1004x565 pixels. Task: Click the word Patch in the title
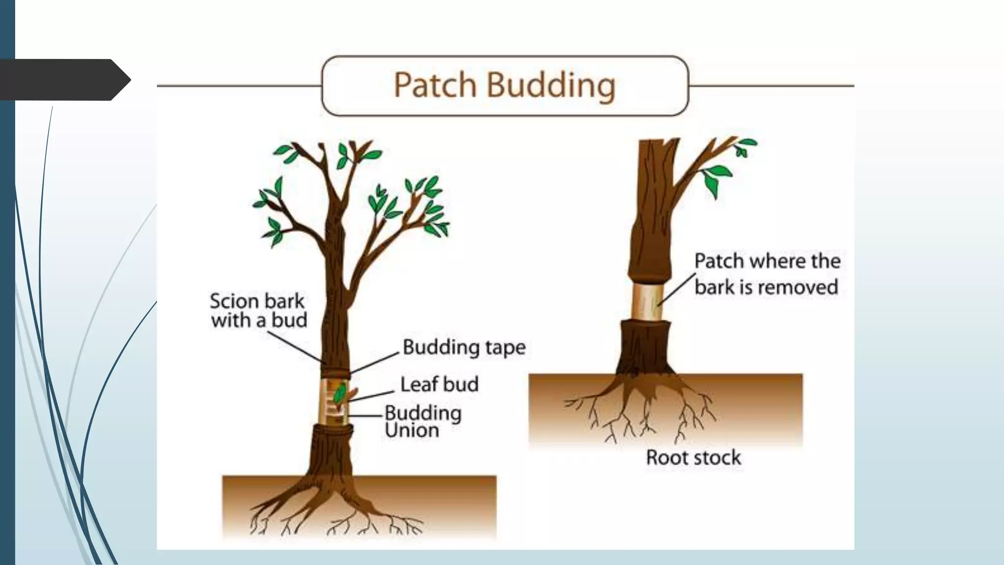coord(435,85)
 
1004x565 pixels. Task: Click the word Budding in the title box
coord(551,85)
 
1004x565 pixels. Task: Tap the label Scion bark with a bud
coord(258,310)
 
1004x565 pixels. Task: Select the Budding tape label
coord(464,347)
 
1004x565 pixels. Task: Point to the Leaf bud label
coord(439,384)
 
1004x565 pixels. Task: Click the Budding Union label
coord(423,422)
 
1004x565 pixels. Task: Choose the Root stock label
coord(693,458)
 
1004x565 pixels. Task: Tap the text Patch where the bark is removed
coord(767,274)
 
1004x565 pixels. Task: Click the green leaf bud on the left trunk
coord(339,393)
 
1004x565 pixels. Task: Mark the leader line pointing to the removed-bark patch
coord(677,289)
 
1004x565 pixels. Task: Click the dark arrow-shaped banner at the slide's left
coord(64,79)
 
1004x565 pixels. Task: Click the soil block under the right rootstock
coord(665,407)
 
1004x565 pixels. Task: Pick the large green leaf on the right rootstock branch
coord(717,178)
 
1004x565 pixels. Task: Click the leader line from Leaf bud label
coord(373,396)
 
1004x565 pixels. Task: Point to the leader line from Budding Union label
coord(365,416)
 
